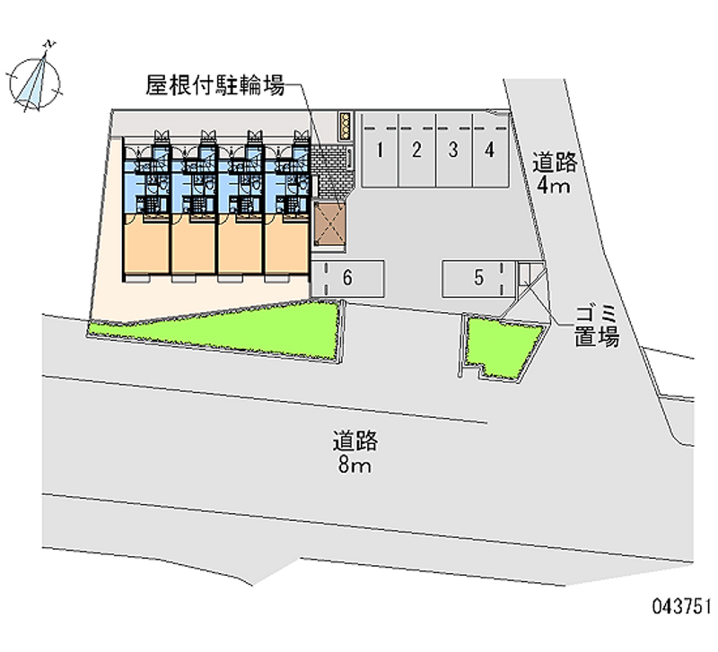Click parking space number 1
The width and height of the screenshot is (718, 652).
[380, 150]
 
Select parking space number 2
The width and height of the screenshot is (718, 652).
[416, 150]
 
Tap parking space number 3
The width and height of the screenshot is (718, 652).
[454, 150]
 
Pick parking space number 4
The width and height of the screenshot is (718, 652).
[490, 150]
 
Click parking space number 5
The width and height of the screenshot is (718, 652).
[478, 278]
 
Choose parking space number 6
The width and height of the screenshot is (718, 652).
[347, 278]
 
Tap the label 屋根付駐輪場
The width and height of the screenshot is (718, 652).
[215, 85]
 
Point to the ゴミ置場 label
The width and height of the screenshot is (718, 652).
[597, 326]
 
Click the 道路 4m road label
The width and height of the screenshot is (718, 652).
[554, 174]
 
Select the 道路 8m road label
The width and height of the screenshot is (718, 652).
[355, 452]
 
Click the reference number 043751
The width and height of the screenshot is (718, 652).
[682, 606]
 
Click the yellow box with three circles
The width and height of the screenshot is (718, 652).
[346, 126]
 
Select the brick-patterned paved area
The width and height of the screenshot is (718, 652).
[332, 171]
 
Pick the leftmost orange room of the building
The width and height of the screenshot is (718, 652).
[146, 245]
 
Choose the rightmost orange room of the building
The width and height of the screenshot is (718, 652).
[286, 245]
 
